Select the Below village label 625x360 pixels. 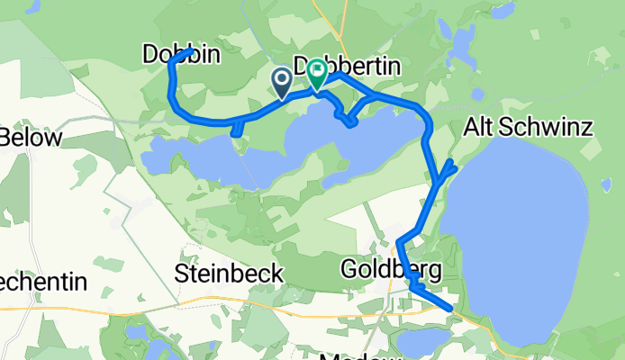(x=31, y=138)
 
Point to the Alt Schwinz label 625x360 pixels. (x=528, y=128)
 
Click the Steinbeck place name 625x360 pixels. (x=230, y=273)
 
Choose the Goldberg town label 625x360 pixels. (x=391, y=269)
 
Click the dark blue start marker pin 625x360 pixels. (x=281, y=84)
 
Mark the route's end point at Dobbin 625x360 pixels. (x=186, y=53)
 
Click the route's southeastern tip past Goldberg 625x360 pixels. (x=448, y=307)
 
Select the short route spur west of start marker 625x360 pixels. (x=236, y=133)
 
